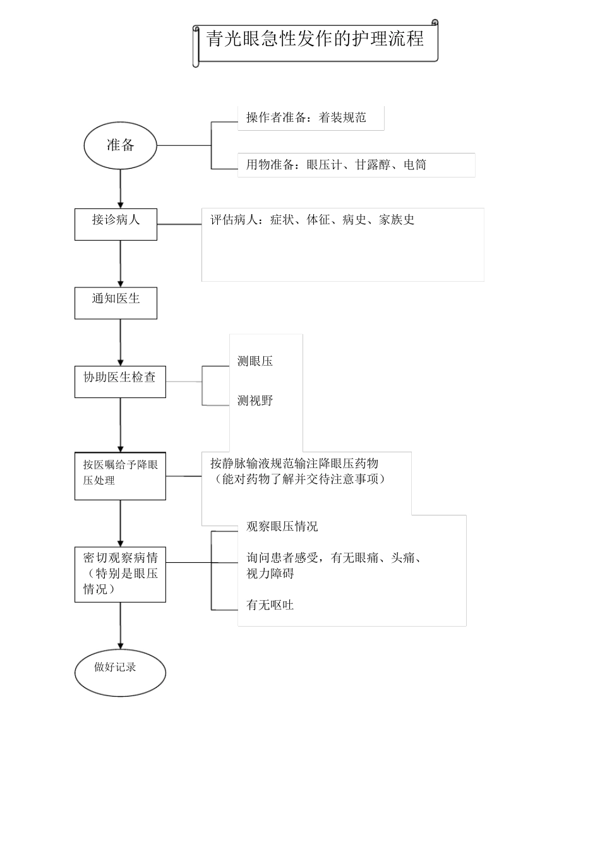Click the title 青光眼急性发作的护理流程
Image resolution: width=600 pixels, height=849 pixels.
315,39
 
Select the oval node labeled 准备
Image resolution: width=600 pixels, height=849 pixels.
120,145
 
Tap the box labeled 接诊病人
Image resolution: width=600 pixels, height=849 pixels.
116,224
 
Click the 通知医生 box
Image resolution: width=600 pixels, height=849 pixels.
116,303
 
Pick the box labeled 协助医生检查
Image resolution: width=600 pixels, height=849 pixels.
120,382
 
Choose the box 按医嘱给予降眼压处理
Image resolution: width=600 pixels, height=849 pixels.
120,476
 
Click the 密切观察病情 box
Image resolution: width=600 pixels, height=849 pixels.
120,574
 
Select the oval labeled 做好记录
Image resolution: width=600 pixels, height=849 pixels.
120,671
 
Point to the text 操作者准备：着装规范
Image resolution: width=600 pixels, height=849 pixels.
306,117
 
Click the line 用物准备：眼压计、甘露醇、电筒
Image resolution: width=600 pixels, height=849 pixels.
336,165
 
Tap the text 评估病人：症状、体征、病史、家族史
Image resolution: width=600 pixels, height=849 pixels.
312,220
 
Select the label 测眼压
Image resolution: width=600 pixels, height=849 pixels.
255,361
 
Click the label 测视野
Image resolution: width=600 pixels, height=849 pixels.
255,400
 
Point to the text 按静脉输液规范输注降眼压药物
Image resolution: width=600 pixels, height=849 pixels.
294,463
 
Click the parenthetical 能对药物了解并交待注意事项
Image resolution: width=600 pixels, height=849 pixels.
300,479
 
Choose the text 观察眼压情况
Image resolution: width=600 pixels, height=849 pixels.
282,526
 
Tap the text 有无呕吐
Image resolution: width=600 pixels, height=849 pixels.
270,605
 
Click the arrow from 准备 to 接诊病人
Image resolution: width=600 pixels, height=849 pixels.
120,189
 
